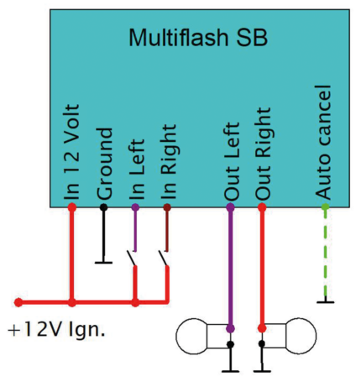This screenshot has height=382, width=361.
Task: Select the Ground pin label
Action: click(x=104, y=163)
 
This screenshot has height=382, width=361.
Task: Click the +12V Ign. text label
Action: click(x=56, y=329)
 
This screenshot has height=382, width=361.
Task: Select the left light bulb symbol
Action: click(x=201, y=337)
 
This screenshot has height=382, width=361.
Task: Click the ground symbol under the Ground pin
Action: click(x=104, y=261)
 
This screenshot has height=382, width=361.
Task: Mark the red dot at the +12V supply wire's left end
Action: click(x=18, y=301)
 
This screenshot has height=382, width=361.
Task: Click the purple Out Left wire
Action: click(x=230, y=269)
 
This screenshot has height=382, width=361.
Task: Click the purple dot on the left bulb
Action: click(x=230, y=328)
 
